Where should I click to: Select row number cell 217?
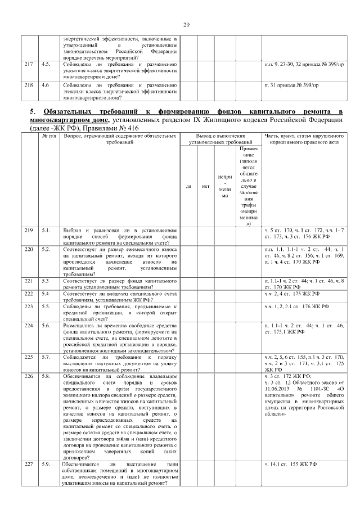click(x=28, y=65)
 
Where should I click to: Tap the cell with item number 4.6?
click(x=46, y=85)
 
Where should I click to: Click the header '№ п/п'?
click(x=49, y=136)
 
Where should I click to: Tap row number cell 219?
click(x=28, y=231)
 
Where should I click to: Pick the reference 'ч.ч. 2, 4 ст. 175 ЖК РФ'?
click(x=292, y=294)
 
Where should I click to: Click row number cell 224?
click(x=28, y=326)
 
